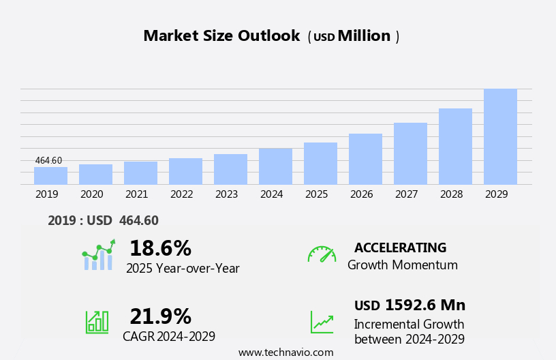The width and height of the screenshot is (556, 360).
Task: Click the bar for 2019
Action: click(x=50, y=176)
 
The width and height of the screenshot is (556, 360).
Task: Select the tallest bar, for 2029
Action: click(x=500, y=137)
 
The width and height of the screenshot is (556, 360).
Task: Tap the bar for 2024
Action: click(x=275, y=166)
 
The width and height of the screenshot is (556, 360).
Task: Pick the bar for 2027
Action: click(x=410, y=153)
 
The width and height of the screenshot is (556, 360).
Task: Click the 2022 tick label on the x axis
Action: click(x=181, y=194)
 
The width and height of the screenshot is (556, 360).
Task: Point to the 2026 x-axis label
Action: click(x=361, y=194)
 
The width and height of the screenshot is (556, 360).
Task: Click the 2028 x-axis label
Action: click(x=451, y=194)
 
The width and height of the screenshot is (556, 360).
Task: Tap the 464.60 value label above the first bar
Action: click(x=48, y=161)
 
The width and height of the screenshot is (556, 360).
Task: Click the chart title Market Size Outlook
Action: click(x=221, y=36)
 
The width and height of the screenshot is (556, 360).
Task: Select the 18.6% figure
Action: click(x=160, y=248)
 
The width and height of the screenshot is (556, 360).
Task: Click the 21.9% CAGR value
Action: click(x=160, y=316)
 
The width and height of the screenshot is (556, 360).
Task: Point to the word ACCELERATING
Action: click(x=400, y=248)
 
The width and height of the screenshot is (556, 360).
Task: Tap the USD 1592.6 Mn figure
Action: click(x=410, y=305)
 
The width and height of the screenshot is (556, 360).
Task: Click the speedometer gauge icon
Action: click(x=322, y=254)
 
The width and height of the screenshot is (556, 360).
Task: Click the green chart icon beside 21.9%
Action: click(x=97, y=321)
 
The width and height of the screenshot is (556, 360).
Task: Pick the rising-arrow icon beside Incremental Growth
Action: click(x=322, y=322)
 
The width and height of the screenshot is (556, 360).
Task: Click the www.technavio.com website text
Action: click(x=285, y=352)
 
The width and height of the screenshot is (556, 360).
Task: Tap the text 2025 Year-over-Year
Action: click(x=183, y=269)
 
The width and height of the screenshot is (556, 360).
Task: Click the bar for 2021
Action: click(x=140, y=173)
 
